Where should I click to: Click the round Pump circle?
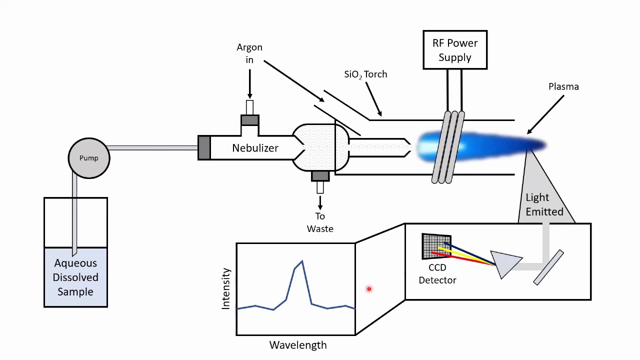tap(89, 158)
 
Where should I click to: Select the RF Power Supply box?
tap(455, 50)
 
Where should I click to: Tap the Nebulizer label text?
tap(255, 148)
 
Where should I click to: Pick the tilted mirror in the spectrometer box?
tap(548, 267)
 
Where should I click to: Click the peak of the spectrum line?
tap(301, 261)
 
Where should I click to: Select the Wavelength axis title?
tap(298, 345)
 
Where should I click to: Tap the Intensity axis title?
tap(226, 288)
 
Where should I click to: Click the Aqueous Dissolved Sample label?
tap(75, 277)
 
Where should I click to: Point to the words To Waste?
tap(320, 222)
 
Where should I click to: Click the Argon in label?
tap(249, 53)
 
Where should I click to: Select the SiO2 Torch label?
tap(365, 74)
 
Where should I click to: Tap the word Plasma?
tap(563, 86)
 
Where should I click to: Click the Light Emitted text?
tap(544, 204)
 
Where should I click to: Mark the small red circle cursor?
tap(369, 289)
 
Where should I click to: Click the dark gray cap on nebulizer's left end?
tap(204, 148)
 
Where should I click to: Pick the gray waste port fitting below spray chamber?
tap(320, 176)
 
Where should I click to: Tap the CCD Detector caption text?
tap(437, 274)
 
